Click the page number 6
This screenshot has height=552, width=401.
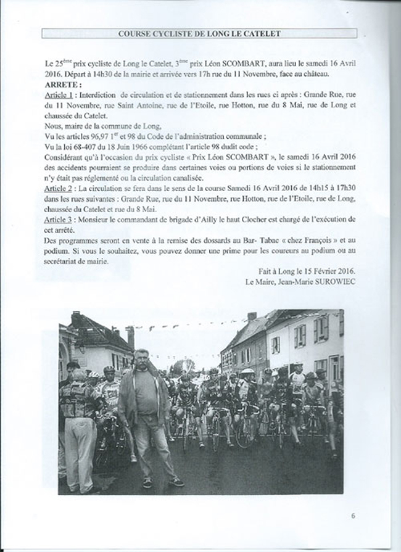[353, 516]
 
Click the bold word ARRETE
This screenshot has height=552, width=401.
[62, 85]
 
